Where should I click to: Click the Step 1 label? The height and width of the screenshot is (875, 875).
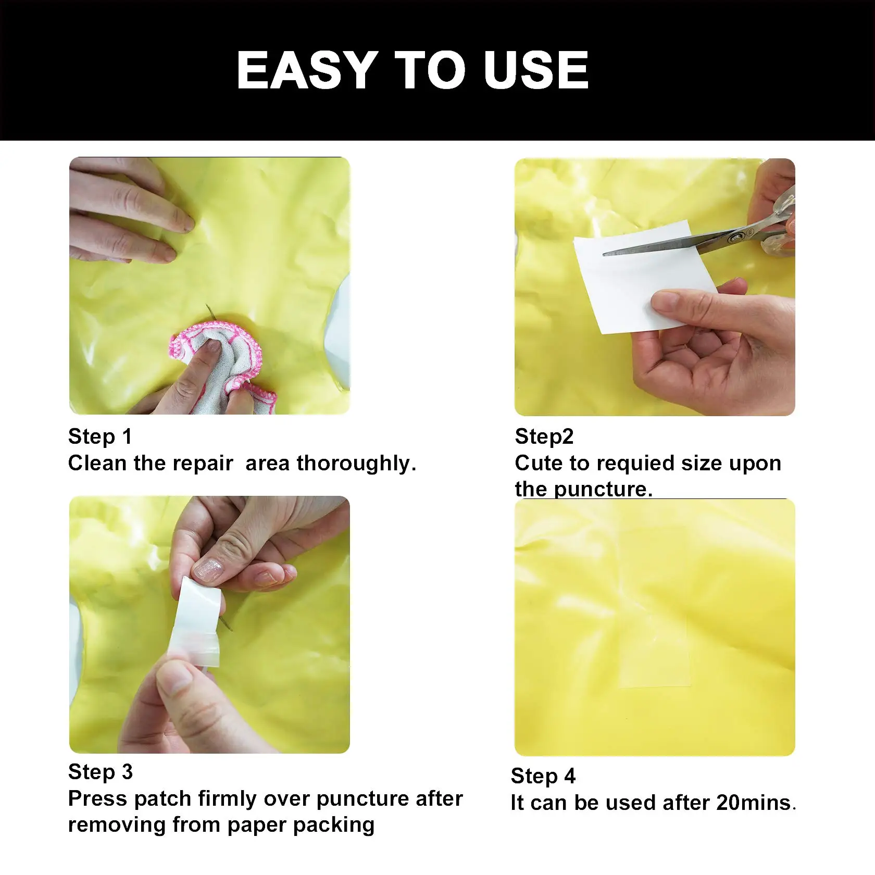tap(100, 436)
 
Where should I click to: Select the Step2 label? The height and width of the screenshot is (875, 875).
tap(544, 436)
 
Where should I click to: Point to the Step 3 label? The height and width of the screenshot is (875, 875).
tap(101, 772)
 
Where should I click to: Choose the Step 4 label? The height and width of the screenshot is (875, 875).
tap(543, 776)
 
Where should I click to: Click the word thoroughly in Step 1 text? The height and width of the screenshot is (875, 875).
tap(356, 463)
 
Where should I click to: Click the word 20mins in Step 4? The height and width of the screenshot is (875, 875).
tap(754, 803)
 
